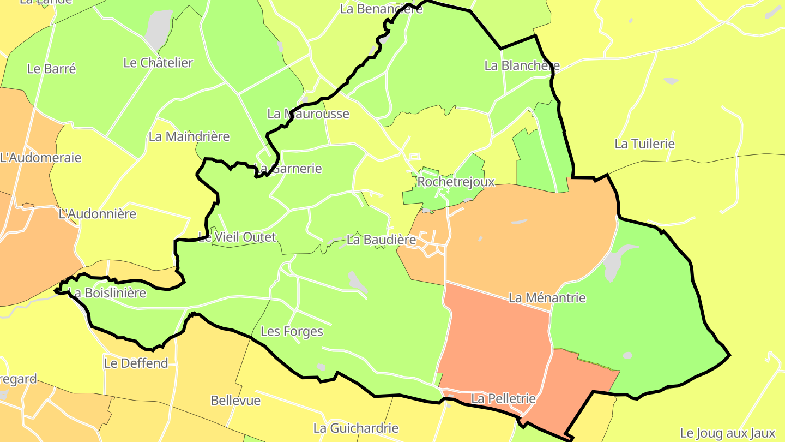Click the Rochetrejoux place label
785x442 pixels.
coord(456,182)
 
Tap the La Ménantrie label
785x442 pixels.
coord(547,298)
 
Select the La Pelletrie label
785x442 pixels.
coord(503,399)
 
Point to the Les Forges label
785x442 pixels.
coord(292,331)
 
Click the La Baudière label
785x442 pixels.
coord(381,240)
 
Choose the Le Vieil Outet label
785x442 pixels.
coord(237,237)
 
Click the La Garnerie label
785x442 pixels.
coord(288,169)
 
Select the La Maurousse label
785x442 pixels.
coord(308,114)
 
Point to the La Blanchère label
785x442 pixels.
coord(522,65)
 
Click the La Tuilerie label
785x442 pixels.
coord(644,144)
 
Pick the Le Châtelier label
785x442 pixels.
coord(158,63)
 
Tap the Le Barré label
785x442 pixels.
coord(51,69)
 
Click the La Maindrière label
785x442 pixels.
coord(189,136)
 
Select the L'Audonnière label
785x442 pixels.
coord(97,214)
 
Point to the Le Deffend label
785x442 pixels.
coord(136,363)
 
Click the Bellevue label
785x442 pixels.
coord(235,401)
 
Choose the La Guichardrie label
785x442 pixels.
coord(355,428)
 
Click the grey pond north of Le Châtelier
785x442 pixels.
coord(159,25)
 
